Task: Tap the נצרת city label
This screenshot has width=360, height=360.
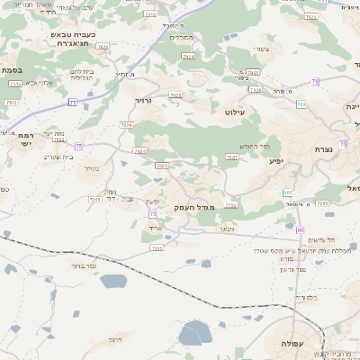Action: (x=325, y=148)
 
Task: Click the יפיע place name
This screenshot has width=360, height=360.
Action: (x=276, y=161)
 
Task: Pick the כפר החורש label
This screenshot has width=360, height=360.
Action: (x=253, y=146)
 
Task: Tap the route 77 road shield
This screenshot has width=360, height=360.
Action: (x=72, y=102)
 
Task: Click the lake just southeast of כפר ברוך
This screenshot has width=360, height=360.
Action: (x=114, y=282)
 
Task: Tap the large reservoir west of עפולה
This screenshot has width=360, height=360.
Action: (x=193, y=335)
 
